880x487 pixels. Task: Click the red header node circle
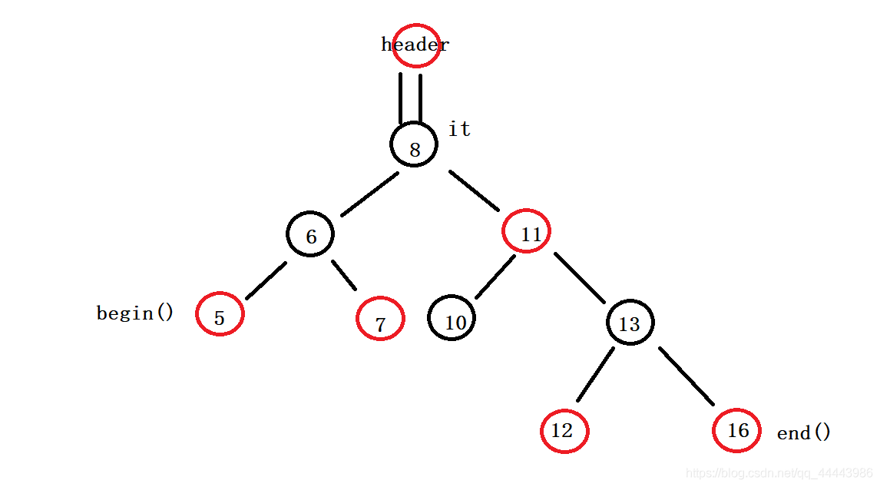(x=416, y=45)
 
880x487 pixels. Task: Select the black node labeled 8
(x=414, y=144)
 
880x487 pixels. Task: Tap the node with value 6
(x=310, y=234)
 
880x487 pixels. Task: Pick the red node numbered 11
(x=527, y=231)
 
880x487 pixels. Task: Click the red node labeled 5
(x=220, y=314)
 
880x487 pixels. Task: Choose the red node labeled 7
(x=381, y=319)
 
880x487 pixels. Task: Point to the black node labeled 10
(x=452, y=318)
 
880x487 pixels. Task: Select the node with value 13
(x=630, y=323)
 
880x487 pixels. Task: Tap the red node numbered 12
(x=564, y=431)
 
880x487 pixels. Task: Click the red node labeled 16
(x=737, y=430)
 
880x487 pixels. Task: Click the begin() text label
(x=135, y=313)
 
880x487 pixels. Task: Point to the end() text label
(x=804, y=432)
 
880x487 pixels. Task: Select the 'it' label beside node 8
(x=460, y=128)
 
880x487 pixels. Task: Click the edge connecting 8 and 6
(x=370, y=194)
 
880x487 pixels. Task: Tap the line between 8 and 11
(x=475, y=191)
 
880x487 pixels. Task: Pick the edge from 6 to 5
(x=266, y=280)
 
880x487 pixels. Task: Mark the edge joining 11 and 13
(x=580, y=278)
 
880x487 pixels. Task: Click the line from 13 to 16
(x=686, y=376)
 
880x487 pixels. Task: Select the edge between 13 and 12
(x=595, y=374)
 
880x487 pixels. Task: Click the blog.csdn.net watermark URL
(x=779, y=474)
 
